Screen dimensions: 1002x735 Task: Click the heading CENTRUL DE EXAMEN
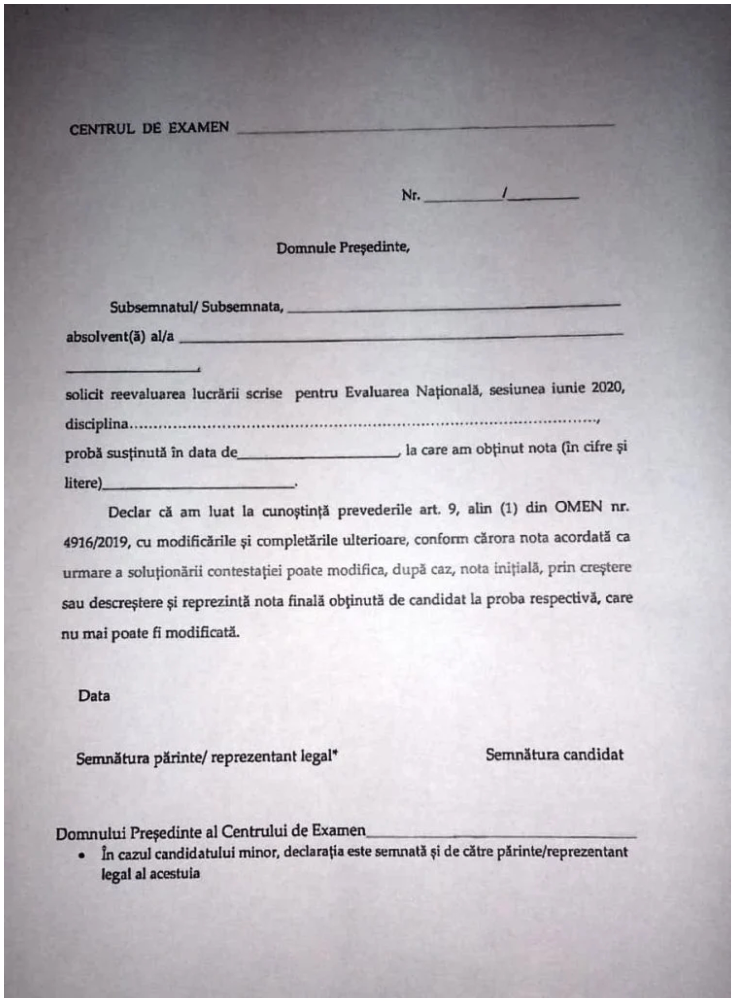(149, 129)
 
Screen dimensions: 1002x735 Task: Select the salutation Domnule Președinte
(342, 247)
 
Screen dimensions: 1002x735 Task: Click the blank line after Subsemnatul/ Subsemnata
(454, 308)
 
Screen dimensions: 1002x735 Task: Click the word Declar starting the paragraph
(130, 512)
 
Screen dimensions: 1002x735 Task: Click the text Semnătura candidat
(554, 755)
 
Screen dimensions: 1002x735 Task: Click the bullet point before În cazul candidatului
(82, 856)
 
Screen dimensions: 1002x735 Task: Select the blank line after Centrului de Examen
(501, 836)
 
